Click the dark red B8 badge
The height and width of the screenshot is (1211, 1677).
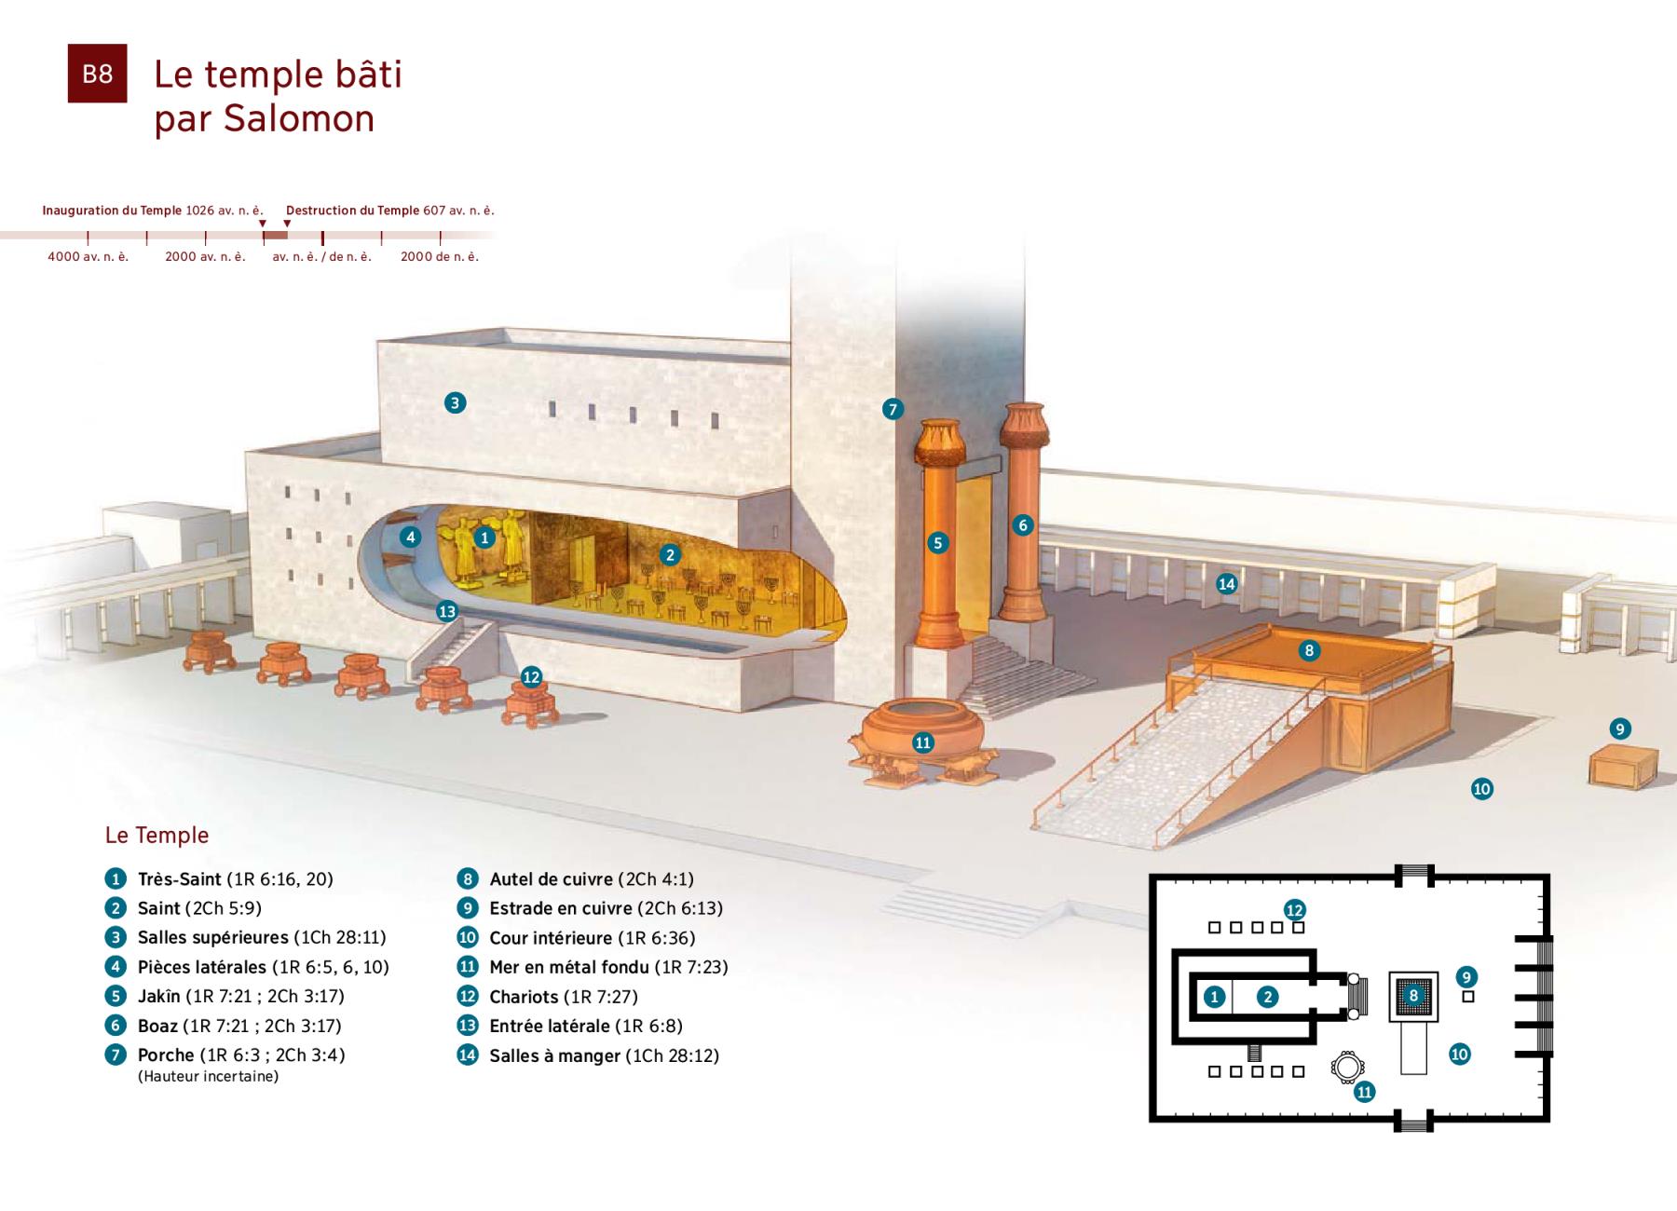click(97, 74)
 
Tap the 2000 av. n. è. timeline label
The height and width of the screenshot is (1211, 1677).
click(205, 257)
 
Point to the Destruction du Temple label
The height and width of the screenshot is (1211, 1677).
click(353, 211)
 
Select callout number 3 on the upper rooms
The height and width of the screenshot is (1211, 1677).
click(455, 402)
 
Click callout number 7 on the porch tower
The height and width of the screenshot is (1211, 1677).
click(893, 409)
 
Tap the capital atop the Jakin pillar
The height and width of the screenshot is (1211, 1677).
click(938, 442)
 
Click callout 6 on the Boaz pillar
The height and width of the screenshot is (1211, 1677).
click(1023, 525)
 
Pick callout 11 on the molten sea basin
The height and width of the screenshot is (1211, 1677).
click(923, 742)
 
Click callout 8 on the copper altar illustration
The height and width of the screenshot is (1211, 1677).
click(1309, 650)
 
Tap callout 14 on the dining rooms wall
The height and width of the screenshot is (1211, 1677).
click(1227, 584)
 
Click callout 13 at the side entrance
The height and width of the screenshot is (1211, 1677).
click(447, 611)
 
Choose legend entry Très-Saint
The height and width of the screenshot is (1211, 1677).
click(219, 879)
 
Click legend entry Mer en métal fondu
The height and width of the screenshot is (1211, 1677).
click(593, 967)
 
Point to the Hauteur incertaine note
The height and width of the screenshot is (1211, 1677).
click(208, 1077)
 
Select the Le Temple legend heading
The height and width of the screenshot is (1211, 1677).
click(157, 835)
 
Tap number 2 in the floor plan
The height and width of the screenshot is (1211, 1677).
click(1267, 997)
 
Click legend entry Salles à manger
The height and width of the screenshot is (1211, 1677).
click(588, 1055)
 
